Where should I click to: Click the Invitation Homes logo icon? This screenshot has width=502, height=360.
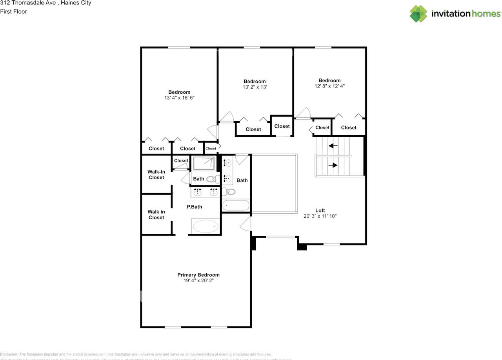[x=418, y=14]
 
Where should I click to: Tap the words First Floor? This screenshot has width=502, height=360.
[x=14, y=11]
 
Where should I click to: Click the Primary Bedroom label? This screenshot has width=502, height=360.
[x=198, y=275]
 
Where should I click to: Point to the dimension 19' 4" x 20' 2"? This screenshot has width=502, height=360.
[x=198, y=281]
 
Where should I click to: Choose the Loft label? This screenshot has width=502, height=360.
[x=320, y=210]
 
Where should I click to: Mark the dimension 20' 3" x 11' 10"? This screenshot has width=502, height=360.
[x=320, y=216]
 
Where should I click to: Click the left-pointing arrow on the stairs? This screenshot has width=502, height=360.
[x=333, y=146]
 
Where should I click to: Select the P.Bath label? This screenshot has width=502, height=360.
[x=194, y=207]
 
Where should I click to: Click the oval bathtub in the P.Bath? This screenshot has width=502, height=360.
[x=205, y=226]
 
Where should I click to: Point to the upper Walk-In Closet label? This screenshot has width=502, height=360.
[x=156, y=175]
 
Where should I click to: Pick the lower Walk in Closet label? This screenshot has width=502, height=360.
[x=156, y=215]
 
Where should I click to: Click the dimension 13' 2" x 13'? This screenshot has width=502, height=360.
[x=255, y=87]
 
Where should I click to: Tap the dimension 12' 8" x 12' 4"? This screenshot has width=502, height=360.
[x=329, y=86]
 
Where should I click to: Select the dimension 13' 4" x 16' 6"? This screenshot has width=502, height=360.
[x=179, y=98]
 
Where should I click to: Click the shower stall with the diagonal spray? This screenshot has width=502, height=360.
[x=204, y=163]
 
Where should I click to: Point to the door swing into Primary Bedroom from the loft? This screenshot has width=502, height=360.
[x=246, y=224]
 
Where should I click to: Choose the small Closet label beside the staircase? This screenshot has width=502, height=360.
[x=322, y=127]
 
